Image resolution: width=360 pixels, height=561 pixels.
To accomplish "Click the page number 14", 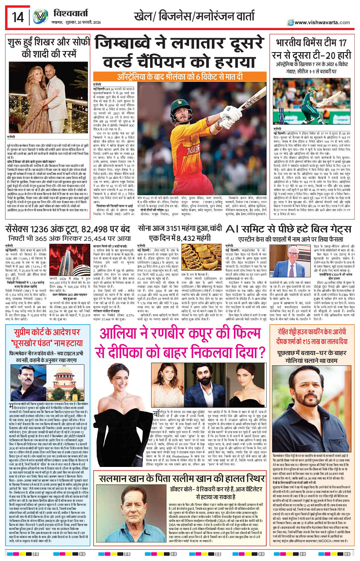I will click(18, 17).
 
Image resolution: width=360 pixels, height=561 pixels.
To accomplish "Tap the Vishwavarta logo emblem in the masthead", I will click(40, 17).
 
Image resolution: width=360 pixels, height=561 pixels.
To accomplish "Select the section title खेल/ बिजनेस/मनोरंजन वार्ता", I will click(194, 16).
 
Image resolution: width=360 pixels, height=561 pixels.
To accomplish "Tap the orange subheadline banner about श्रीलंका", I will click(180, 77).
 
